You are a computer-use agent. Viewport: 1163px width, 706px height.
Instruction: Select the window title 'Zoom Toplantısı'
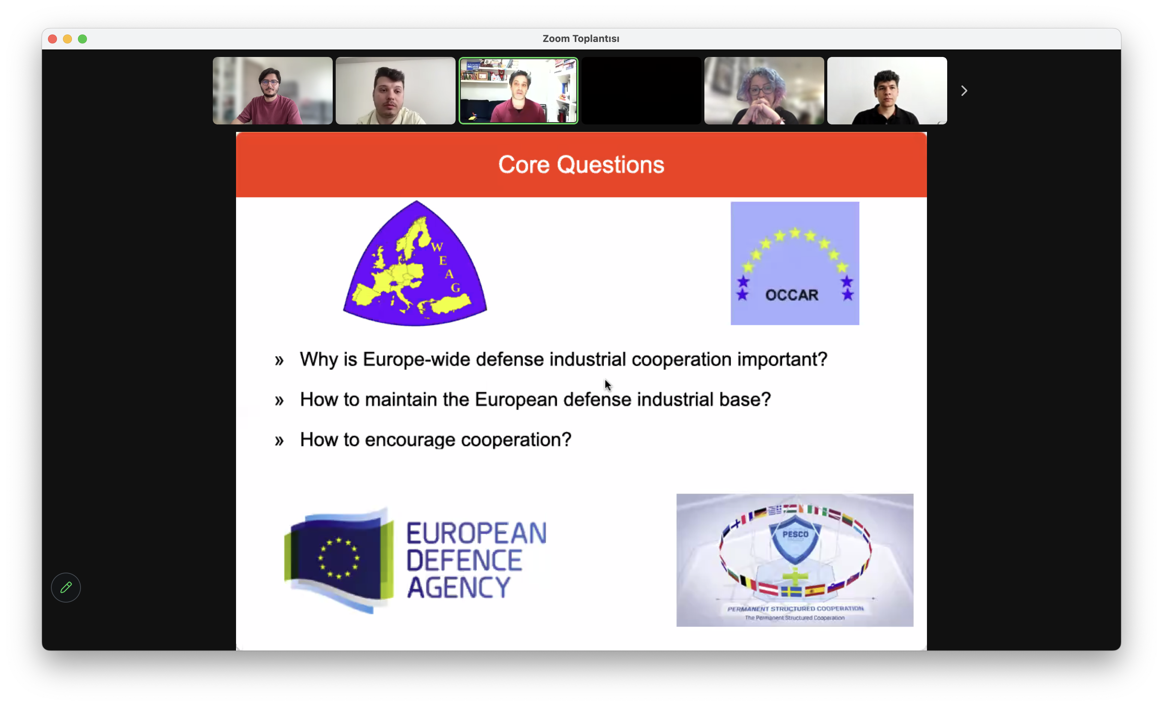pyautogui.click(x=581, y=39)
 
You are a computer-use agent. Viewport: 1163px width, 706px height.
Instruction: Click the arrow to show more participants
pyautogui.click(x=964, y=91)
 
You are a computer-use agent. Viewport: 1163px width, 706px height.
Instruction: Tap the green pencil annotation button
pyautogui.click(x=66, y=588)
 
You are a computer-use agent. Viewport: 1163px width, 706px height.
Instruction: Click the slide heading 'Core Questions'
pyautogui.click(x=581, y=165)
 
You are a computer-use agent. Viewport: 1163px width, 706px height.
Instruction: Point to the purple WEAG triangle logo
pyautogui.click(x=415, y=264)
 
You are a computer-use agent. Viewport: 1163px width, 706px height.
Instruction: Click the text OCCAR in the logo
pyautogui.click(x=792, y=295)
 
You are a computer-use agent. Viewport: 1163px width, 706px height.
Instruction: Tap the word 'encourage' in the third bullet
pyautogui.click(x=410, y=440)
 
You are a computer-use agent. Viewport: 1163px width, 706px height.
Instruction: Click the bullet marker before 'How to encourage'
pyautogui.click(x=280, y=441)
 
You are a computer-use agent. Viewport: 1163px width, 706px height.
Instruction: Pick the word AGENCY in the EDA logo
pyautogui.click(x=458, y=587)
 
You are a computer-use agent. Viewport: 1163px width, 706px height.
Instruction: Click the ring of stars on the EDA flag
pyautogui.click(x=339, y=558)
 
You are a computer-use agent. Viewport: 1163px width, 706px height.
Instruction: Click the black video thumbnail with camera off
pyautogui.click(x=641, y=91)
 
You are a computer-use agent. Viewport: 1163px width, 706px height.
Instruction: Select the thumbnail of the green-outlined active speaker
pyautogui.click(x=518, y=91)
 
